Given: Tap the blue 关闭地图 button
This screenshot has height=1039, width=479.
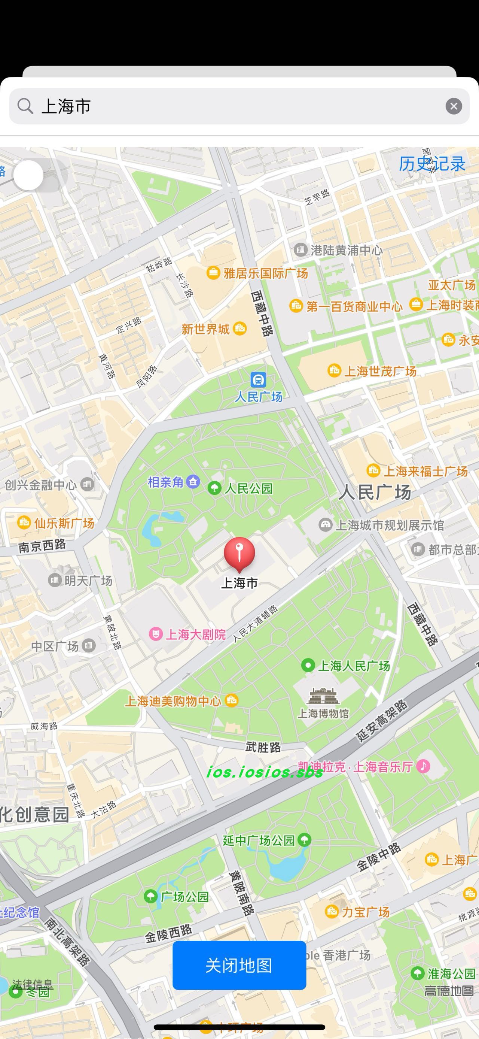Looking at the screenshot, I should pyautogui.click(x=239, y=965).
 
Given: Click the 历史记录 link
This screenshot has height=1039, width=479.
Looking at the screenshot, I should pyautogui.click(x=432, y=164).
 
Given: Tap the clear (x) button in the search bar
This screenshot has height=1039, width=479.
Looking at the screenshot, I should pyautogui.click(x=454, y=106).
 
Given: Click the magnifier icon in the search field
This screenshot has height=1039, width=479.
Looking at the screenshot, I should pyautogui.click(x=25, y=106).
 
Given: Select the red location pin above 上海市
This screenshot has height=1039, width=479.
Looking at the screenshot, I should pyautogui.click(x=239, y=553).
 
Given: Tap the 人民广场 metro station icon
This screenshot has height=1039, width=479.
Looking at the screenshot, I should pyautogui.click(x=258, y=379).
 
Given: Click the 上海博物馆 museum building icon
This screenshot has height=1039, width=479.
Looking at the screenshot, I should pyautogui.click(x=323, y=696).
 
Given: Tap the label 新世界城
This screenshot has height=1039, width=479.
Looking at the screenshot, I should pyautogui.click(x=205, y=329).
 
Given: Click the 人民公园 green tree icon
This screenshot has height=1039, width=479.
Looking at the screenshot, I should pyautogui.click(x=214, y=488).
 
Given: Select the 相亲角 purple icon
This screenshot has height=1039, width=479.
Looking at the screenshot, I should pyautogui.click(x=193, y=482).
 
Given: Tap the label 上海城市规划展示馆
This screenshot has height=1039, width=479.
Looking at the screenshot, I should pyautogui.click(x=389, y=525).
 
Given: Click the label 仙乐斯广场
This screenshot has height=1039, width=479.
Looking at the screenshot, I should pyautogui.click(x=64, y=524).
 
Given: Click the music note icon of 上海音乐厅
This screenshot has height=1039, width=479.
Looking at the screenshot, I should pyautogui.click(x=423, y=766).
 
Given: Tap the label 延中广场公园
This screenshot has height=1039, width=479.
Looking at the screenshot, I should pyautogui.click(x=259, y=840).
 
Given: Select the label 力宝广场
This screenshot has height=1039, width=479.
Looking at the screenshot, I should pyautogui.click(x=365, y=912).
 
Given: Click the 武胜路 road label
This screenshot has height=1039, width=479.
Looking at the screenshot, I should pyautogui.click(x=263, y=747).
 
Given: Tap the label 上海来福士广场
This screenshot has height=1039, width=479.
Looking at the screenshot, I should pyautogui.click(x=425, y=471).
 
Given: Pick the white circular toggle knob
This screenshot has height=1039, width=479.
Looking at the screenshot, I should pyautogui.click(x=28, y=175).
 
